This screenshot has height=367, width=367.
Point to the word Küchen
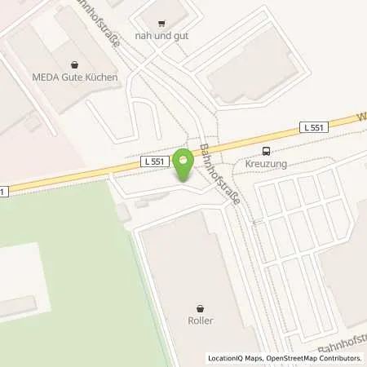pos(104,77)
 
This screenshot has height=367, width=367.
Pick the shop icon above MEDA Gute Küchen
pos(76,64)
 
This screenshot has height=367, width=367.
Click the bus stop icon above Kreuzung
pos(266,151)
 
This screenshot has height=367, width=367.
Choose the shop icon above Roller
pos(200,307)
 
